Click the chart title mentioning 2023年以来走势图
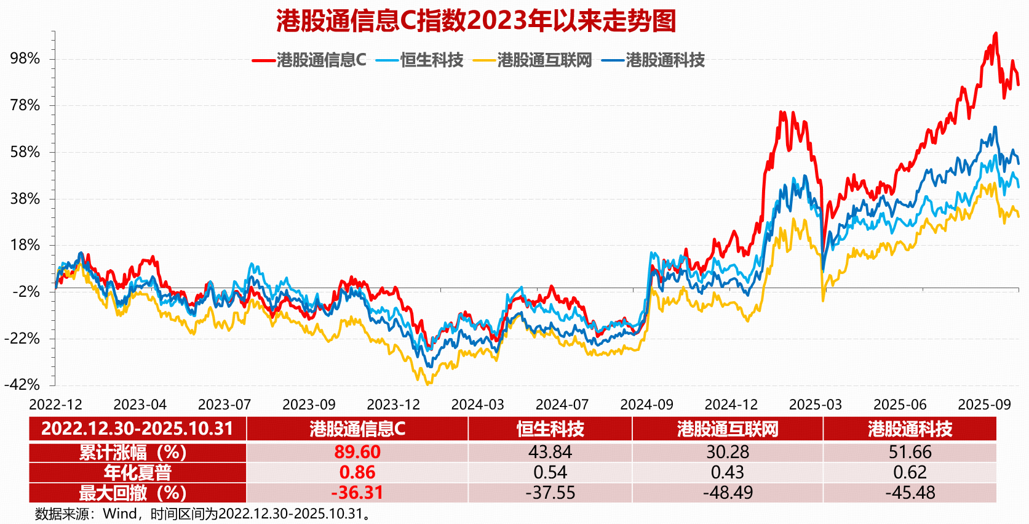[476, 20]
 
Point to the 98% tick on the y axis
[25, 58]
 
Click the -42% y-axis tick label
[22, 385]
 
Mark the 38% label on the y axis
[25, 198]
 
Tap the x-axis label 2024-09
[646, 405]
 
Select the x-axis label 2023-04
[140, 405]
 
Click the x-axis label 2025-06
[900, 405]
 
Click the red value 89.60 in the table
[357, 452]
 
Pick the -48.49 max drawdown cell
[728, 493]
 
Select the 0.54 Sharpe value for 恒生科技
[550, 472]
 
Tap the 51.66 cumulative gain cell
[910, 452]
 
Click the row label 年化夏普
[137, 472]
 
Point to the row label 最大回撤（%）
[132, 493]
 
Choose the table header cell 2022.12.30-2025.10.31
[137, 429]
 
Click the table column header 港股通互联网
[728, 429]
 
